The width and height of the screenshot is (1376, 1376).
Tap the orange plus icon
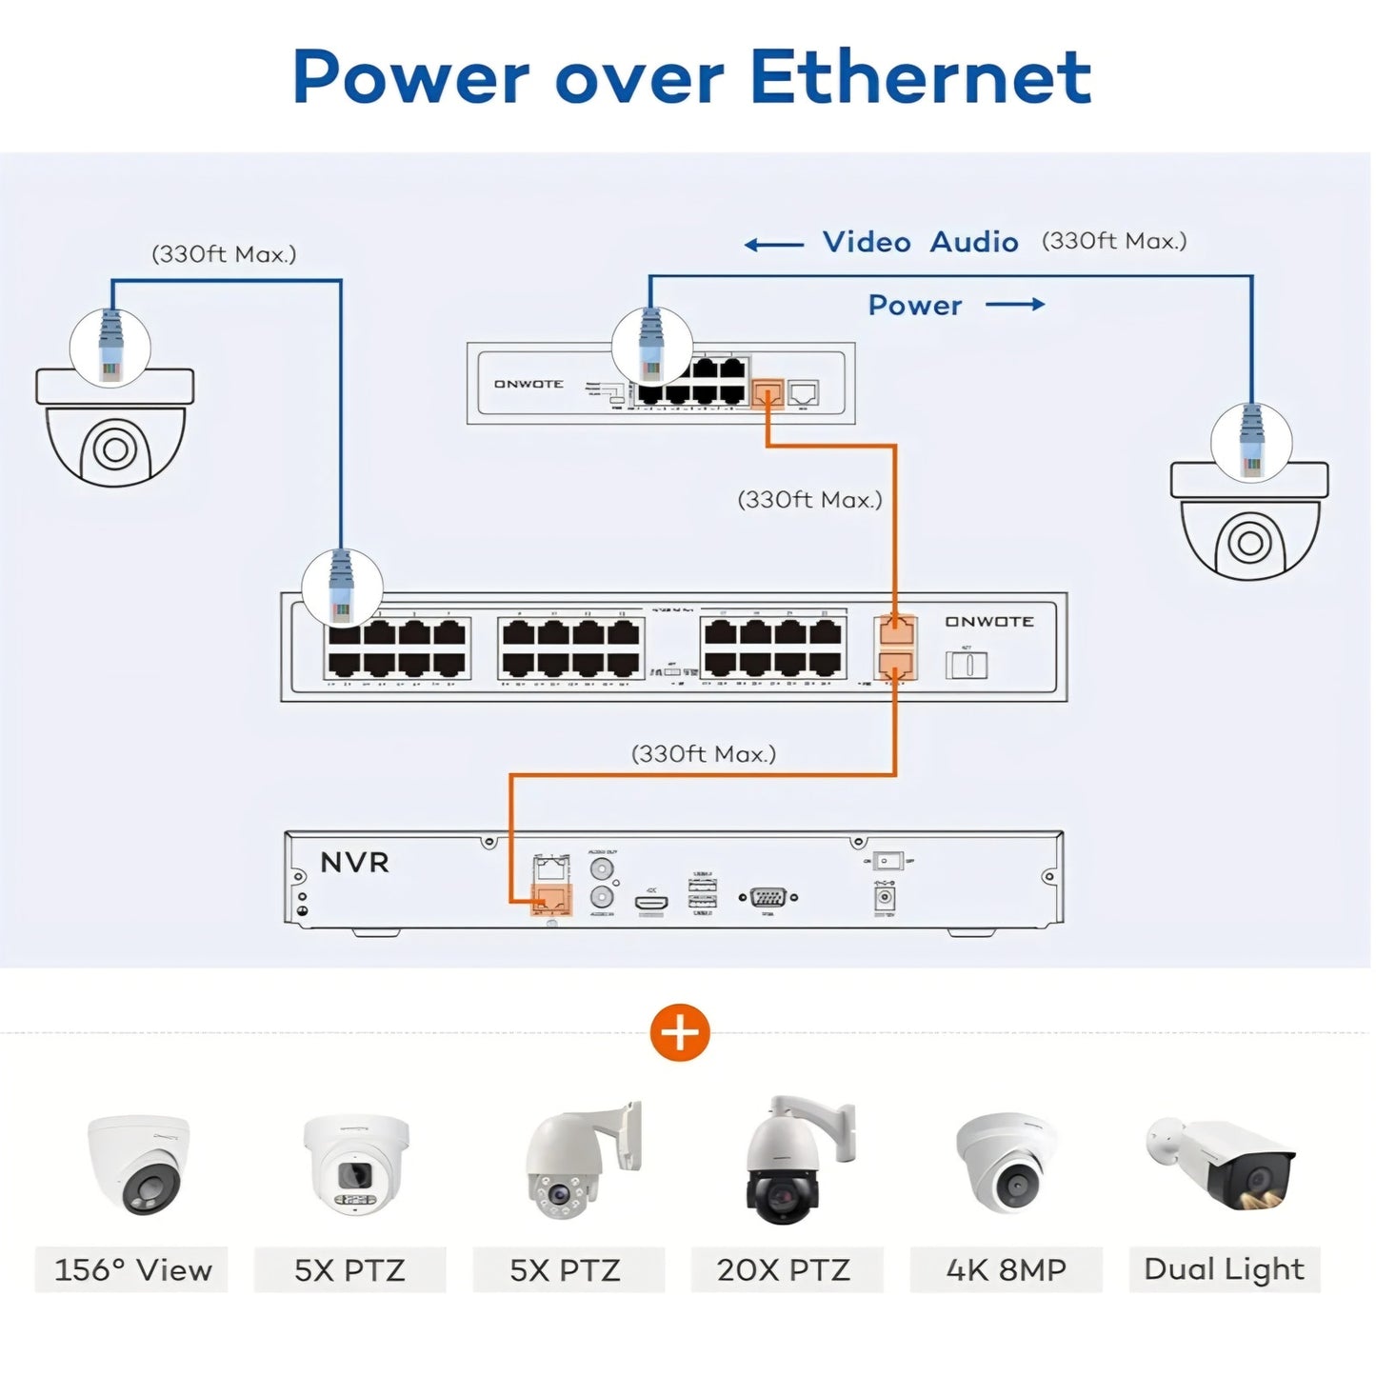[x=680, y=1032]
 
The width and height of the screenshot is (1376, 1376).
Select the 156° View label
[x=132, y=1269]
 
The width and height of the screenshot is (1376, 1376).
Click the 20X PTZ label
[x=783, y=1269]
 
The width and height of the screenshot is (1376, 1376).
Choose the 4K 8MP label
[x=1006, y=1269]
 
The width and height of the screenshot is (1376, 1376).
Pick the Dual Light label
[x=1224, y=1268]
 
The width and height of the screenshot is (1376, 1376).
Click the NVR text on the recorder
[x=354, y=863]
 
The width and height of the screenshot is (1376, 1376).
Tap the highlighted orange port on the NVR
[x=551, y=898]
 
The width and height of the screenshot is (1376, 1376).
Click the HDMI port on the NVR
[x=651, y=899]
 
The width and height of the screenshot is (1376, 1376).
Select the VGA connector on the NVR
[x=768, y=897]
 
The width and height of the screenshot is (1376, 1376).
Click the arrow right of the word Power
[x=1015, y=305]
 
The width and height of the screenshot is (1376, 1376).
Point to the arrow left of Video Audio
[x=773, y=245]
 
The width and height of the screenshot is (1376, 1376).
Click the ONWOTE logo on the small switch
[x=528, y=384]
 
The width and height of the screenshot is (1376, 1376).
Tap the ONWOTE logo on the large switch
[x=989, y=622]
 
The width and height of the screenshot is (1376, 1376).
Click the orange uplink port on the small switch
[x=768, y=392]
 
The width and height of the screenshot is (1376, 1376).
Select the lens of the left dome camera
[x=114, y=449]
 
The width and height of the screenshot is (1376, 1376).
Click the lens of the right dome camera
[x=1249, y=543]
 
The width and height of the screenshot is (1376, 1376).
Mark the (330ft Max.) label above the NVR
[x=704, y=754]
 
